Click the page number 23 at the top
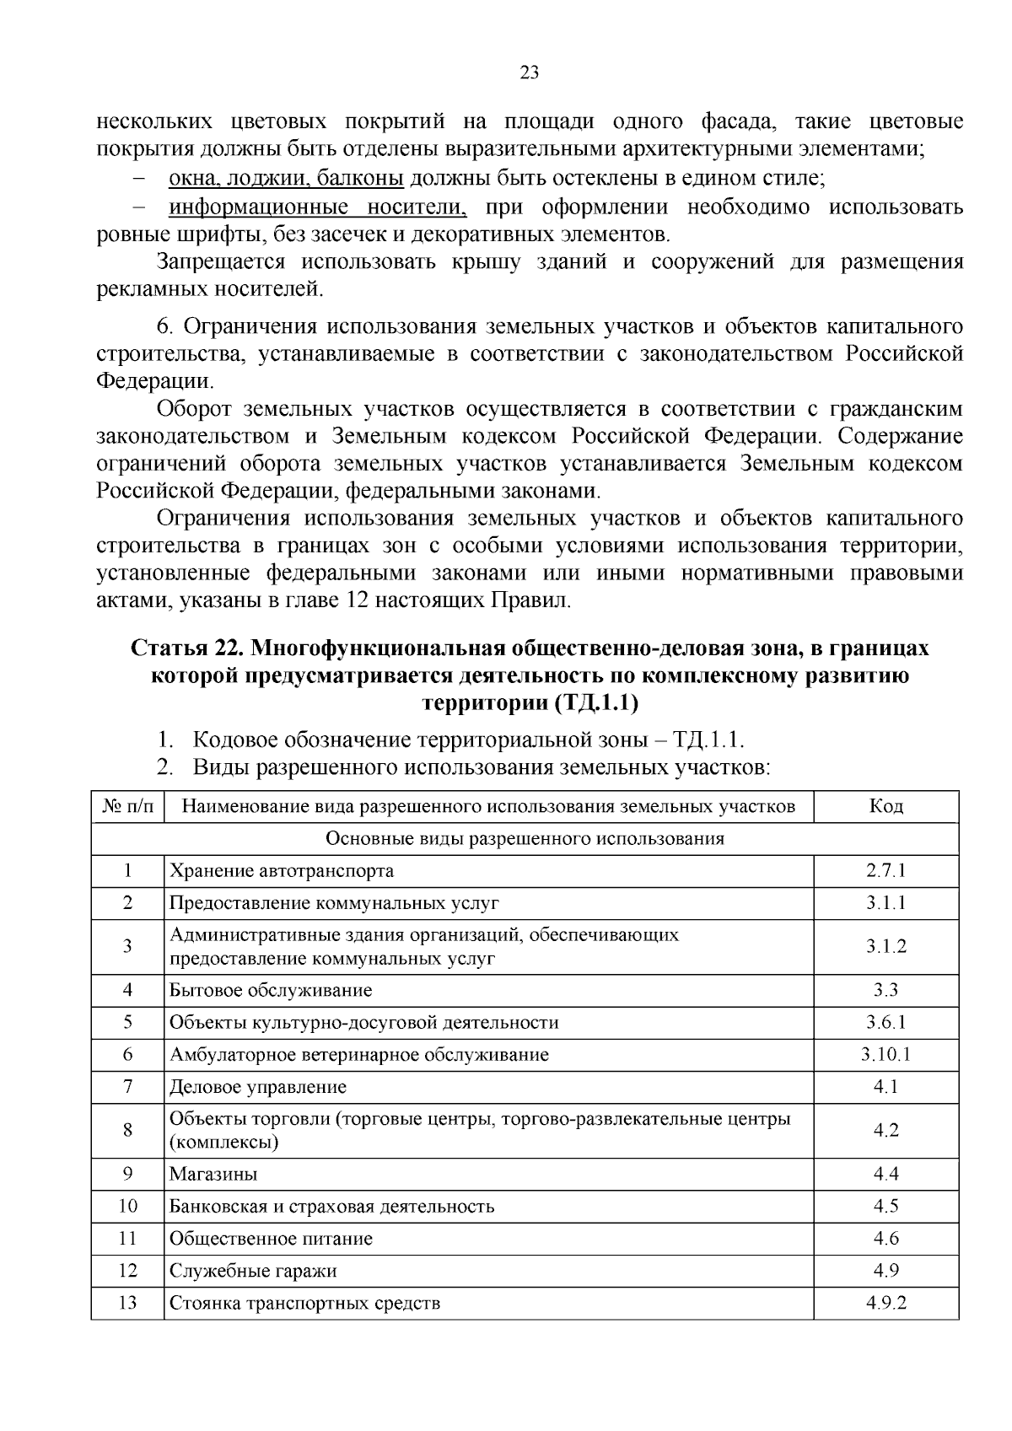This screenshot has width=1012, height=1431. coord(530,73)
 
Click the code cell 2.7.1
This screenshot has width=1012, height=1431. coord(885,870)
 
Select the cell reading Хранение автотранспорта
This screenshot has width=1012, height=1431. coord(282,870)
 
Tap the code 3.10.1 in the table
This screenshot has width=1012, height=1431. coord(885,1055)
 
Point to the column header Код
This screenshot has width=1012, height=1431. coord(885,807)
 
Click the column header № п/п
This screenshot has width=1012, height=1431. coord(127,807)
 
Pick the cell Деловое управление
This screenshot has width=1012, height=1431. coord(258,1087)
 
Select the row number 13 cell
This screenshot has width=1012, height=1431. coord(127,1303)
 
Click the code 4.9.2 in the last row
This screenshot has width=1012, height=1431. coord(885,1303)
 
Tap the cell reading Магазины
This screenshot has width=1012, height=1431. coord(213,1174)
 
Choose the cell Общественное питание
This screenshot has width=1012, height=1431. coord(271,1239)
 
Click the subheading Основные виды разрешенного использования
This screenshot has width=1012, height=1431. coord(525,839)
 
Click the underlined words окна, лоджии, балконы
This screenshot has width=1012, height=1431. coord(287,179)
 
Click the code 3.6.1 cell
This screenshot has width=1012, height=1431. coord(885,1023)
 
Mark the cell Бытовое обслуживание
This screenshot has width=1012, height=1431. coord(271,991)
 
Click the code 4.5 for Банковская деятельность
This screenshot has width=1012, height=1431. coord(885,1206)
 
